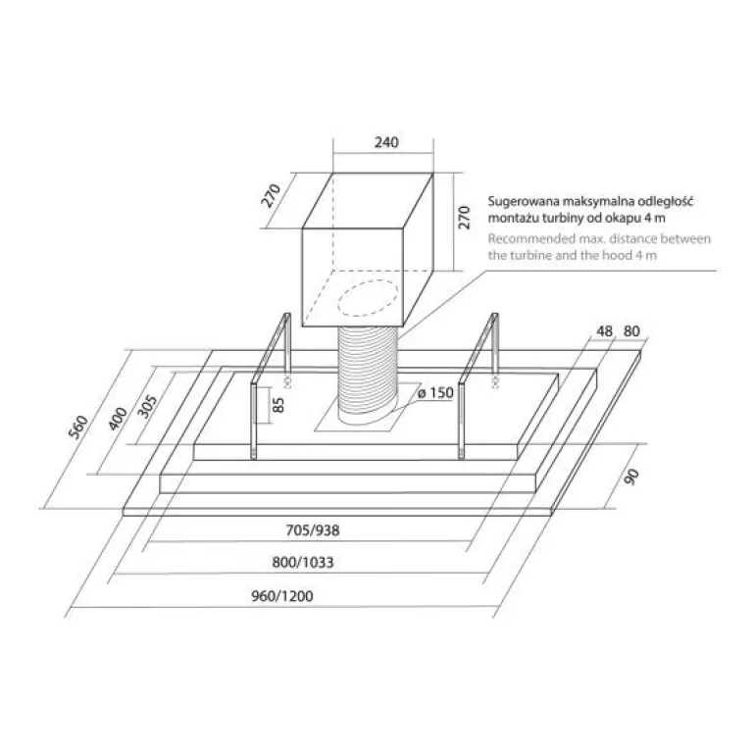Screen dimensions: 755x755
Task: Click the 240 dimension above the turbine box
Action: point(386,142)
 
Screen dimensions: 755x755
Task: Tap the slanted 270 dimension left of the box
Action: point(271,195)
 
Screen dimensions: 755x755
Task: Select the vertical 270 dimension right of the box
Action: point(464,217)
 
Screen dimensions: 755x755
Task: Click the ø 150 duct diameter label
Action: point(435,393)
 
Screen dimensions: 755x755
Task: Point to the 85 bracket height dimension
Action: point(278,405)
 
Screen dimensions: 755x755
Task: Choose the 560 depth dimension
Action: point(78,427)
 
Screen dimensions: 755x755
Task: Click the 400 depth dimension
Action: point(118,419)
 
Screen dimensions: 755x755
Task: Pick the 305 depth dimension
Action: point(147,407)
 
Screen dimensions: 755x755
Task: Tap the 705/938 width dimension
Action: point(313,530)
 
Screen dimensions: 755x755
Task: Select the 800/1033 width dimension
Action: point(302,562)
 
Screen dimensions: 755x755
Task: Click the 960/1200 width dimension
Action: point(282,596)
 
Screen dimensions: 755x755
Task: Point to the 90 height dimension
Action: point(631,477)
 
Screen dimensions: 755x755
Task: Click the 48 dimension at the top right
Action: point(604,331)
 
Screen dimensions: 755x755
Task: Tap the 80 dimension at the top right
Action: point(631,331)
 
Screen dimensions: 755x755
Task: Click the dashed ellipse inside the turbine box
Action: point(369,298)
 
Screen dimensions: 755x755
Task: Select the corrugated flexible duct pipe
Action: point(368,376)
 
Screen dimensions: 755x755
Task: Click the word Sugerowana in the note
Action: point(524,202)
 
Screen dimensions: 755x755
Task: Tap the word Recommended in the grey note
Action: point(528,239)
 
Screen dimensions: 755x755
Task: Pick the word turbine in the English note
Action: point(528,255)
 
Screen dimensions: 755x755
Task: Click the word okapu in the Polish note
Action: point(625,218)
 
